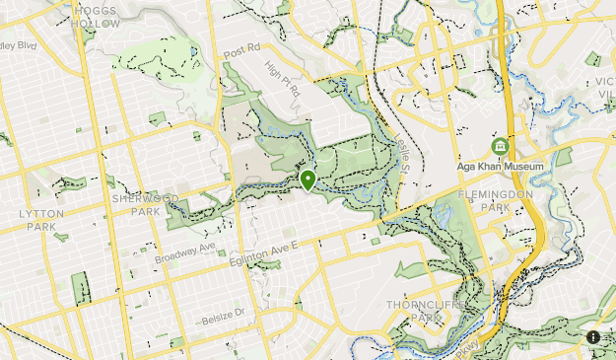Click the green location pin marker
click(308, 180)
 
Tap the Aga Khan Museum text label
click(500, 167)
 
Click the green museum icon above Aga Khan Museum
click(500, 147)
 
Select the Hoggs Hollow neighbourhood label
click(97, 16)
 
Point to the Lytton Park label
click(39, 219)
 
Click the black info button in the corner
click(593, 337)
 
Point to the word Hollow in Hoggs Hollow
click(97, 23)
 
